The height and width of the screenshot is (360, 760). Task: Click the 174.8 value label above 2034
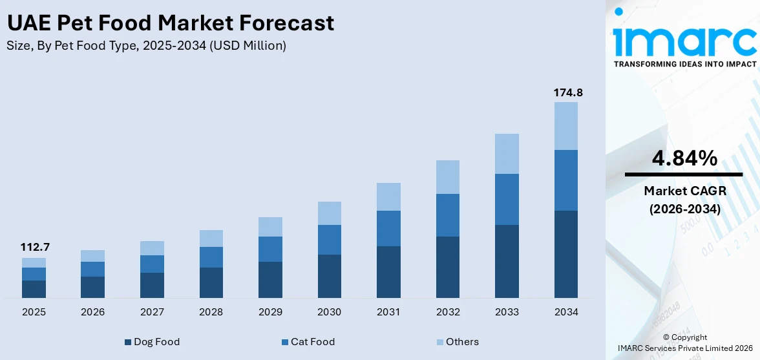tap(568, 93)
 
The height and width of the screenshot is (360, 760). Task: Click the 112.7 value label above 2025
tap(34, 248)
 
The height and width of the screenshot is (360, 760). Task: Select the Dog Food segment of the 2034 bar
tap(566, 254)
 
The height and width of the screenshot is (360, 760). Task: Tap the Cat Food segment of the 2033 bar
tap(507, 199)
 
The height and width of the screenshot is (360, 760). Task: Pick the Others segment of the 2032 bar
tap(448, 177)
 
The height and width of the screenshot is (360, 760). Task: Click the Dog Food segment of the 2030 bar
tap(330, 276)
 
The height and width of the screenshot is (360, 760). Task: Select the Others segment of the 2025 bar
tap(34, 262)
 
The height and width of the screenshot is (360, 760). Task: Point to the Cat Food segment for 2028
tap(211, 257)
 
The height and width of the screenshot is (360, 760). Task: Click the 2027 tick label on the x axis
tap(152, 312)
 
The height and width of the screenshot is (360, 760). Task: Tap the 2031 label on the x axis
tap(388, 312)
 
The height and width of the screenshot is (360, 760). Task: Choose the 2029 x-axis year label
tap(270, 312)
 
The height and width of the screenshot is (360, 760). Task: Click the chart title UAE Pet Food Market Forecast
tap(171, 23)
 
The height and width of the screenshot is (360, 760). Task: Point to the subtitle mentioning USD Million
tap(146, 46)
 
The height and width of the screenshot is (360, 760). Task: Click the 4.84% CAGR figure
tap(683, 158)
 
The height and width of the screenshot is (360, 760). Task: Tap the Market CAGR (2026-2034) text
tap(683, 200)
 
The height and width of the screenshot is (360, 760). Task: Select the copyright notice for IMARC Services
tap(684, 343)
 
